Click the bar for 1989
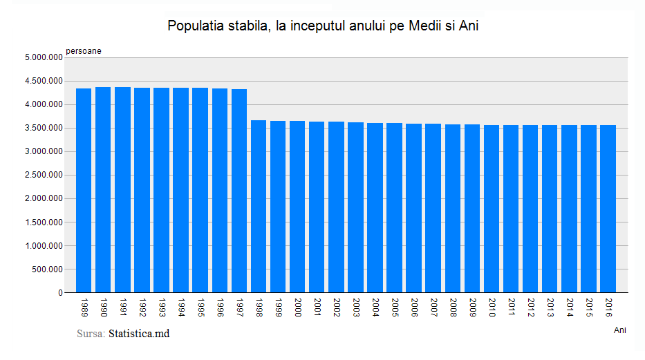84,190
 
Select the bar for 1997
239,191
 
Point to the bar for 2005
394,207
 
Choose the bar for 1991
122,189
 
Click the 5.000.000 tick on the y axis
43,58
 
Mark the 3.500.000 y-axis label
43,129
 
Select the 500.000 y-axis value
47,269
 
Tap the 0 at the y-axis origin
60,293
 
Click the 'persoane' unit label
84,50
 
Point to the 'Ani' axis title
619,330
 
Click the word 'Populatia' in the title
195,26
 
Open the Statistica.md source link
139,334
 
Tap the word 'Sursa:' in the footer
91,334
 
